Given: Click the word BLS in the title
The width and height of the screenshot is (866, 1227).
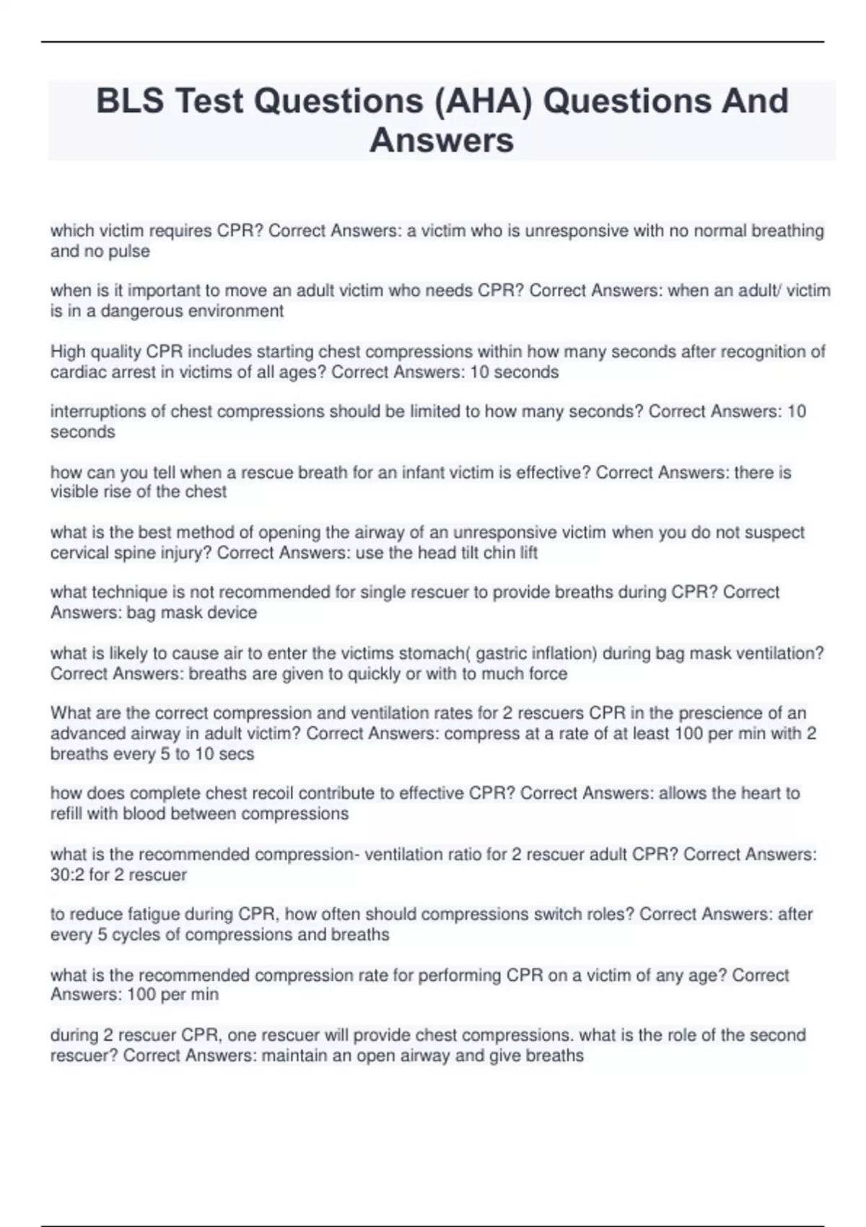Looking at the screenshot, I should click(130, 101).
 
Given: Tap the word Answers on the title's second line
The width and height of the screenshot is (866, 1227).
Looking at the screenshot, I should click(442, 140).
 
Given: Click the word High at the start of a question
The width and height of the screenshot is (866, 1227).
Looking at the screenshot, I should click(67, 351).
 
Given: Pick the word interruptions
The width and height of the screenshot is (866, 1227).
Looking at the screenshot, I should click(98, 411).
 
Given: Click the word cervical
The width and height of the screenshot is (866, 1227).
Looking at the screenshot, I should click(79, 553).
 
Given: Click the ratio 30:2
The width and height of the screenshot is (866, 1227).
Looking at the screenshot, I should click(67, 875).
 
